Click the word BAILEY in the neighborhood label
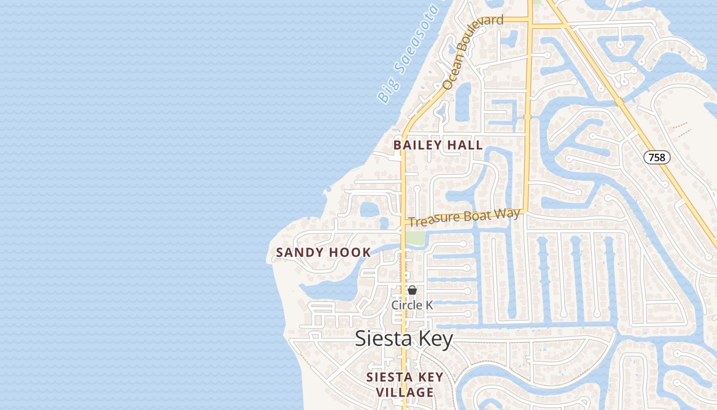tap(418, 146)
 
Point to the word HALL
tap(465, 146)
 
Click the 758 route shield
tap(657, 157)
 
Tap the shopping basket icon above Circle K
tap(412, 291)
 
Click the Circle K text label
tap(412, 305)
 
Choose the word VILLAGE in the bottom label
tap(405, 393)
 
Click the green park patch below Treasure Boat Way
tap(416, 238)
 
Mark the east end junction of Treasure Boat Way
tap(525, 211)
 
